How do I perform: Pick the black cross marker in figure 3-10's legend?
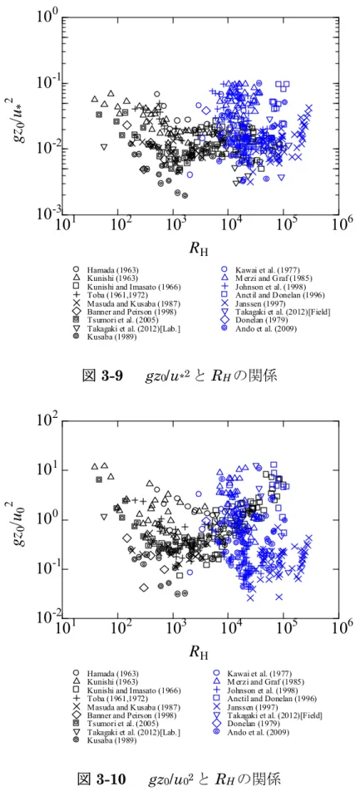click(x=75, y=706)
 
